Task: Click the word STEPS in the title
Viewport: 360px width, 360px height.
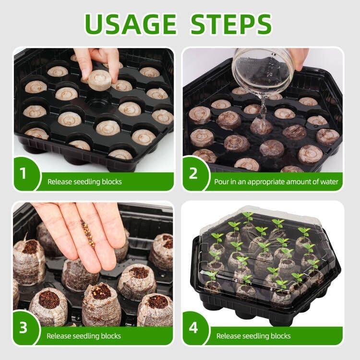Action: point(231,24)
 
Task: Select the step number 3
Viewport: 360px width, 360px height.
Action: point(23,328)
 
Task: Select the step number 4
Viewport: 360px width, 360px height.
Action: point(193,328)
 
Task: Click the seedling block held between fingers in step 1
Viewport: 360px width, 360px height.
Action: point(99,79)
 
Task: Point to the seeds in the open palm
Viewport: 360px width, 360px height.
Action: point(87,234)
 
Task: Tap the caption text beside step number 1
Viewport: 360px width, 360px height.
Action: point(84,182)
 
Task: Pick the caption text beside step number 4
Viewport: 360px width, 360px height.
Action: point(253,336)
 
